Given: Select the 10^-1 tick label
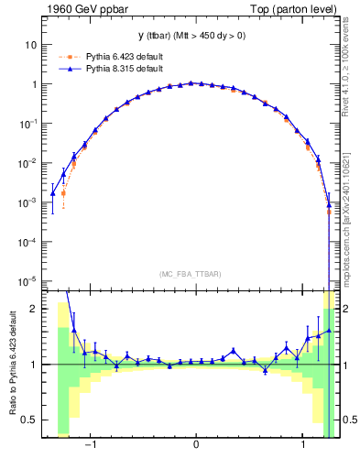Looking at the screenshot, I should click(29, 123).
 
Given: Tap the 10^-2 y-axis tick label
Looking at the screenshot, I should click(29, 163).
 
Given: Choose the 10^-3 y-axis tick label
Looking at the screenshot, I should click(29, 202).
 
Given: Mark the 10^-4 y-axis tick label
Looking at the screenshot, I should click(29, 241).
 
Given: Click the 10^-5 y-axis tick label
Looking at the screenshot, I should click(29, 280).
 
